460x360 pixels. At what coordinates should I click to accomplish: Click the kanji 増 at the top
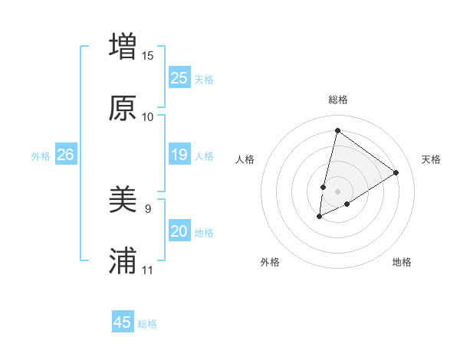123,46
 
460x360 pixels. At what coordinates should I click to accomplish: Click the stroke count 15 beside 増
148,55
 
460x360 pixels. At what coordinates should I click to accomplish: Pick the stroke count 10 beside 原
148,116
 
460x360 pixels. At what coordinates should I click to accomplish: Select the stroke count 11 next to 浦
148,270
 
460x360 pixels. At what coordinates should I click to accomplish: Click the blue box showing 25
179,77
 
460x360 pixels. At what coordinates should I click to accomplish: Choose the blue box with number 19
179,155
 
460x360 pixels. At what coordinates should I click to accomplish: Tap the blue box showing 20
179,231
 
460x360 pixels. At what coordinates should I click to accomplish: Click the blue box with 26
65,155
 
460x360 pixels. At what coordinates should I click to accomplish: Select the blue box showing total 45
123,322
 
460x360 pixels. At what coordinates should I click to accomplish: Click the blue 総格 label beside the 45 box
147,324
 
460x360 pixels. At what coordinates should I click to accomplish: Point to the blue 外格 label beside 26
41,156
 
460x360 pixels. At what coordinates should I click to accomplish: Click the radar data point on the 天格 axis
396,172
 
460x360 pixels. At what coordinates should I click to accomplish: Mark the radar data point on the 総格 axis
337,131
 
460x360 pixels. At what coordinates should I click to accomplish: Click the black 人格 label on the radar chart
245,159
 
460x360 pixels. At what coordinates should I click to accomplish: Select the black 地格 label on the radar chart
402,262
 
